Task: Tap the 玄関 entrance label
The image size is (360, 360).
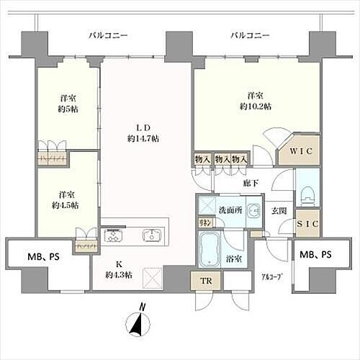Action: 279,210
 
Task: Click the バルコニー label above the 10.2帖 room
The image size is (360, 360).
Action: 250,35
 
